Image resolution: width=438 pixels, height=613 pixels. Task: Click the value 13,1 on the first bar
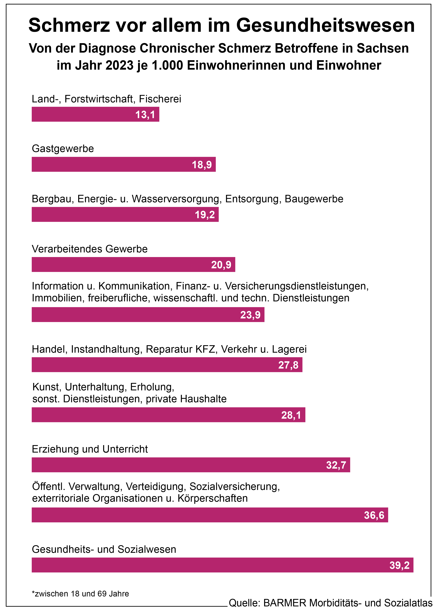[145, 115]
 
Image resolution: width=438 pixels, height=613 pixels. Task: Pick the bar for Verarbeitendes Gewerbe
[133, 264]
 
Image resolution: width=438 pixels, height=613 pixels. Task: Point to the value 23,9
[250, 315]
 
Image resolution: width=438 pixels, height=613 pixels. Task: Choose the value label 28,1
[291, 415]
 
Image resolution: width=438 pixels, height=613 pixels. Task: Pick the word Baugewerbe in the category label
[314, 199]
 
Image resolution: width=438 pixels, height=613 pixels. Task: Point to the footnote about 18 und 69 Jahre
[80, 594]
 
